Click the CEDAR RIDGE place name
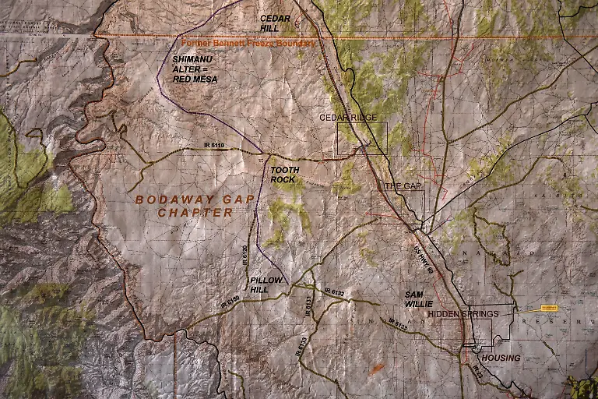[x=348, y=118]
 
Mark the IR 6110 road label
[x=213, y=146]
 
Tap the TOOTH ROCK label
[x=283, y=175]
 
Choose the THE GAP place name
[x=403, y=186]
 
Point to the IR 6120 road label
[x=245, y=257]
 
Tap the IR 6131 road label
[x=308, y=305]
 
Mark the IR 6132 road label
[x=334, y=292]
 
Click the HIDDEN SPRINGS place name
[x=463, y=313]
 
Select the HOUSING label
[x=501, y=358]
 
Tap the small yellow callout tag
[x=550, y=308]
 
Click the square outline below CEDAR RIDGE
[x=361, y=138]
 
